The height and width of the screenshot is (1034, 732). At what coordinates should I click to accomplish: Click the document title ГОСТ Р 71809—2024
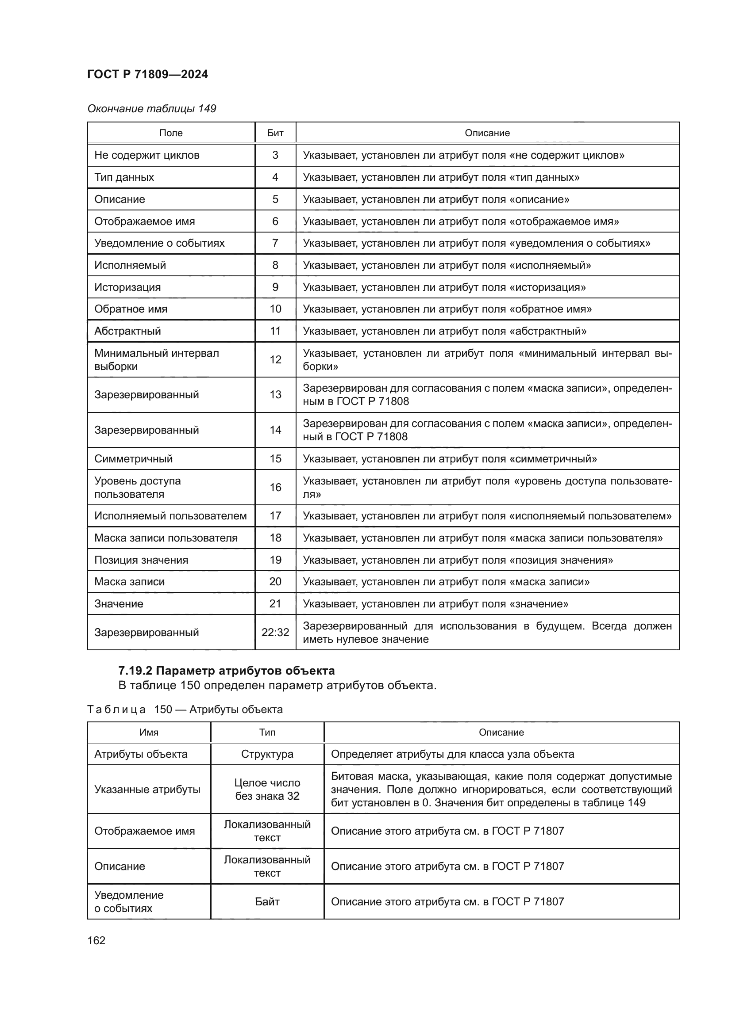coord(147,74)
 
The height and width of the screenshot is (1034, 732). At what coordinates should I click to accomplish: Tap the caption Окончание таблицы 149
coord(151,109)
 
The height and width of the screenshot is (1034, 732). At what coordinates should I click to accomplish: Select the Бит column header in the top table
coord(275,133)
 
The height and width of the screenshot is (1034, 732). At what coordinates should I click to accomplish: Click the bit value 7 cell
coord(275,243)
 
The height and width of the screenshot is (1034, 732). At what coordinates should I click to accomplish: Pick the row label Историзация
coord(127,287)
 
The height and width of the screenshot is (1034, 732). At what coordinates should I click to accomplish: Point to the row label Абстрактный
coord(127,331)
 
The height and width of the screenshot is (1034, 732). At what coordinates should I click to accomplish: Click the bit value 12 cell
coord(275,359)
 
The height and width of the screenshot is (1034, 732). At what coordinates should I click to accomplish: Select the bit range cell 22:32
coord(275,632)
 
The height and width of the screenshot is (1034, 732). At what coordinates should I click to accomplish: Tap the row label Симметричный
coord(133,458)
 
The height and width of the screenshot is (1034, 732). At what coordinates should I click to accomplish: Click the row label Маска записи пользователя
coord(166,538)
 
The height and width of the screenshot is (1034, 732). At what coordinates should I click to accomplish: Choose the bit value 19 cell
coord(275,560)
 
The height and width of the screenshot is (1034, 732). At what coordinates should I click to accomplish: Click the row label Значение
coord(119,603)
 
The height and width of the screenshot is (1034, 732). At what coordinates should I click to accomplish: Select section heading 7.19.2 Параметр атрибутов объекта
coord(226,671)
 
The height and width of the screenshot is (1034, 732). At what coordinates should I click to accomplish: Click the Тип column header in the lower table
coord(267,732)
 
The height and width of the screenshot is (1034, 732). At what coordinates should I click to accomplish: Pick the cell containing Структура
coord(267,754)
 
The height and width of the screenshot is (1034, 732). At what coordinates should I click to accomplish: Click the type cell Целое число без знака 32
coord(267,789)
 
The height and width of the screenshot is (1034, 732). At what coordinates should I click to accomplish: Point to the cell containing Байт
coord(267,901)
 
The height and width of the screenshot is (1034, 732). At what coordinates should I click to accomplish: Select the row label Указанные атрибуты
coord(147,789)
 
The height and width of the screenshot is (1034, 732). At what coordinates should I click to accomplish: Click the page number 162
coord(96,940)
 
